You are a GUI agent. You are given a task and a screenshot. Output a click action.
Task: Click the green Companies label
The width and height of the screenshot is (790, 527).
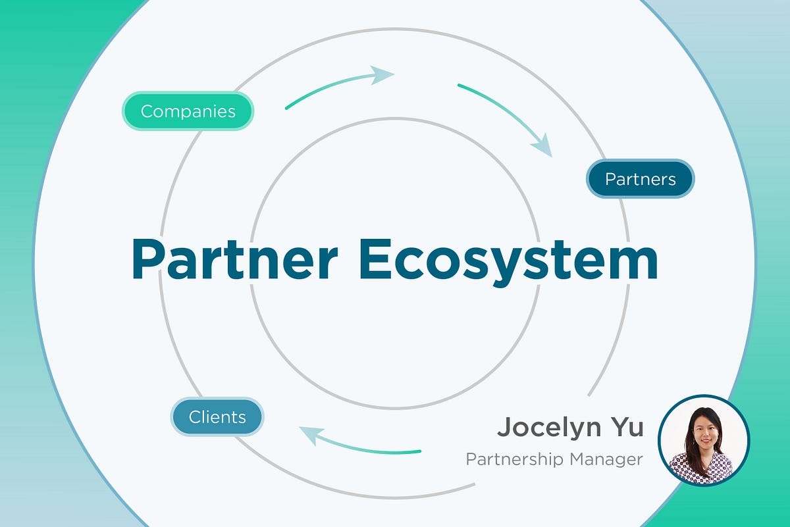click(188, 111)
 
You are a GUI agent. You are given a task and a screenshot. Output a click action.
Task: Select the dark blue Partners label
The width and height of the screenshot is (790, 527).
click(640, 179)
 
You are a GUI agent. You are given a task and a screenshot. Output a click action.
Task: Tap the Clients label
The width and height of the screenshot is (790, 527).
click(217, 416)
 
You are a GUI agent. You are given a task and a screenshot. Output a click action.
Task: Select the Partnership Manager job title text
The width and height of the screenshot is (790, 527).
click(554, 459)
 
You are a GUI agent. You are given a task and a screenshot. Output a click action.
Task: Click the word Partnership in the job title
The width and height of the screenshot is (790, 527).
click(513, 459)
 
